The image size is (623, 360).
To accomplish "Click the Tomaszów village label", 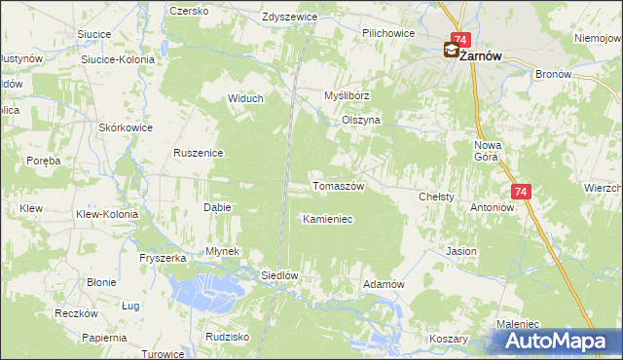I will click(x=337, y=186).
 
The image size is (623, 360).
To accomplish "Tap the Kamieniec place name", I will click(x=327, y=219).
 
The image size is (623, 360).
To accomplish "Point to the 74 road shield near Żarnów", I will click(x=460, y=39).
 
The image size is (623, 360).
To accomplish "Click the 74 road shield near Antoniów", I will click(x=521, y=193).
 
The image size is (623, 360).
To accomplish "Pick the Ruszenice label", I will click(x=200, y=153).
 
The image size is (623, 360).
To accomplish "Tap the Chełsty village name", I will click(x=436, y=197).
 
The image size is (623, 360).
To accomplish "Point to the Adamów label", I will click(x=383, y=283).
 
